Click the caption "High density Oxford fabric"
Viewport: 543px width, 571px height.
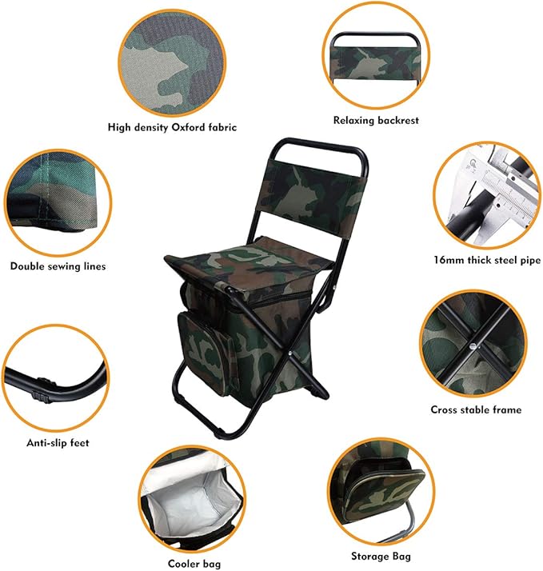(x=172, y=126)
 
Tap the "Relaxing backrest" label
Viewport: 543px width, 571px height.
(x=375, y=120)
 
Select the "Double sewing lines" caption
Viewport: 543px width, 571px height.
(x=58, y=266)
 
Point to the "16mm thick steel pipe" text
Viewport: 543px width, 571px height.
(x=486, y=260)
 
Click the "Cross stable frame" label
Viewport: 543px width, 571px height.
(x=476, y=409)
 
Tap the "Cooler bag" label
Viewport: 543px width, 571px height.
(x=189, y=564)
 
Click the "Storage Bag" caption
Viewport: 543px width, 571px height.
(x=381, y=556)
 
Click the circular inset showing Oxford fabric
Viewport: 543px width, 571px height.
(x=173, y=56)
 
